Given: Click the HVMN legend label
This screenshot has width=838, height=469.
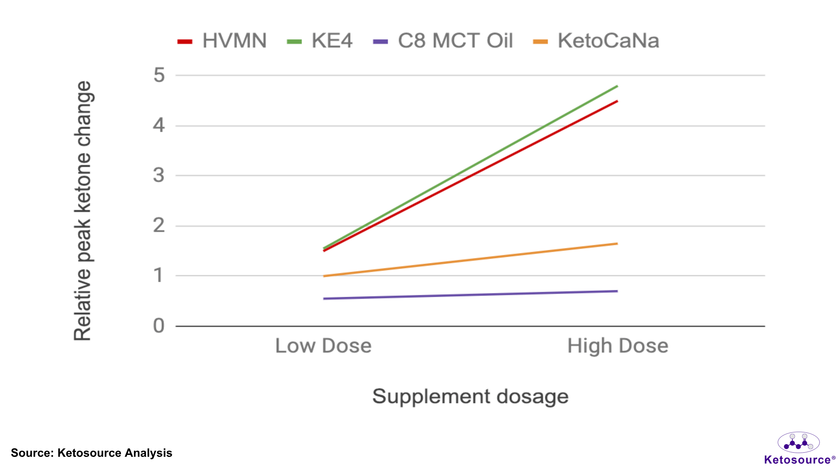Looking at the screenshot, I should [x=234, y=41].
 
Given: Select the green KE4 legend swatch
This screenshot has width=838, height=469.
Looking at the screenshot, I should [x=294, y=42].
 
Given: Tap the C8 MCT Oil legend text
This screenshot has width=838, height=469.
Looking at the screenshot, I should [x=455, y=41].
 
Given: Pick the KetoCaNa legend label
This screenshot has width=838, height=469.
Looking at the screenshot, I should [x=608, y=41].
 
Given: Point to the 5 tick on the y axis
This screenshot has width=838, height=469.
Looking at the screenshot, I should [x=159, y=75].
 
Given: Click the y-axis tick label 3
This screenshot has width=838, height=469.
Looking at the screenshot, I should [x=159, y=175].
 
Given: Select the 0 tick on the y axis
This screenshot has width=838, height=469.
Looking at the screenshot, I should [x=159, y=326].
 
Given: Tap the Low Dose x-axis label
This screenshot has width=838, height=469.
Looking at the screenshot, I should [x=323, y=346].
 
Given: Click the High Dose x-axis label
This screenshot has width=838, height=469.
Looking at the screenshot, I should [x=618, y=346].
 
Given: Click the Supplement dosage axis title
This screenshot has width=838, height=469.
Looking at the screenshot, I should [x=470, y=397].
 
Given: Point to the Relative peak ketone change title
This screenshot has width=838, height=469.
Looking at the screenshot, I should [x=82, y=211].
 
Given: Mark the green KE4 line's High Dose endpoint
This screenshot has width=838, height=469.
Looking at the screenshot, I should [x=617, y=86].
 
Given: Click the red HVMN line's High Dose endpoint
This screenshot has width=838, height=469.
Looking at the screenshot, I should [x=617, y=101].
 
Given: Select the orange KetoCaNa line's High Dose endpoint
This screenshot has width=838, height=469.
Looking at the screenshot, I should [x=617, y=244].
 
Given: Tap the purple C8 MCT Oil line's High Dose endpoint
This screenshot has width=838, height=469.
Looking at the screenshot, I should [x=617, y=291].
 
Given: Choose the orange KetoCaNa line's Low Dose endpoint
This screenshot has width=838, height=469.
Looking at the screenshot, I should [x=324, y=276].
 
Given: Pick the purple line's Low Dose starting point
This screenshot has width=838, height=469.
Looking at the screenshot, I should [x=324, y=298].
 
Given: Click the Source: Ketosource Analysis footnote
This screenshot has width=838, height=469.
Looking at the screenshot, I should [x=91, y=453].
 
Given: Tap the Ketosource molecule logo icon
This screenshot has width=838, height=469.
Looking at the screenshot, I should [x=798, y=442].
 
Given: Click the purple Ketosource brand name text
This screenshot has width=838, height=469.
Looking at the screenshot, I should [x=797, y=460].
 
